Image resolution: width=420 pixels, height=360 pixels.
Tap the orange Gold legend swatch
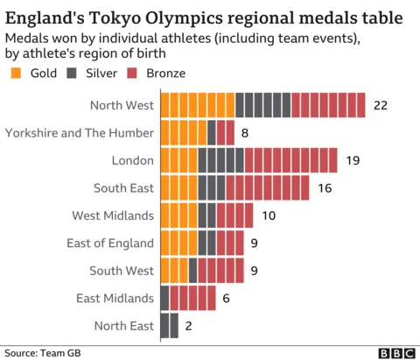(x=13, y=74)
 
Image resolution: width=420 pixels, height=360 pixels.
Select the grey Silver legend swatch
(x=74, y=74)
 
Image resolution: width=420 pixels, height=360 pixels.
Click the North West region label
(x=122, y=105)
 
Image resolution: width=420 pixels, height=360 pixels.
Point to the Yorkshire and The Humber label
(x=80, y=132)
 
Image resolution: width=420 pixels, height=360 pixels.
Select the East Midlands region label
(x=115, y=299)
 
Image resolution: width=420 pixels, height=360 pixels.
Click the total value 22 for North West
(x=380, y=105)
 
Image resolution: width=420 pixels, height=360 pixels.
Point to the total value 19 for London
(x=353, y=160)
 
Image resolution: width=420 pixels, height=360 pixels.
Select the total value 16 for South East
(x=325, y=187)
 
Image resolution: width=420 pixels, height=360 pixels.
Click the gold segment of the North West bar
(x=197, y=105)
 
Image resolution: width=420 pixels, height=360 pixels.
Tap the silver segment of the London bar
(x=220, y=160)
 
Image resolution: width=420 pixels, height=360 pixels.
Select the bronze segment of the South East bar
(x=267, y=187)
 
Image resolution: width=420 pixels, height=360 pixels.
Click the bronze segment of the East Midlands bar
(x=192, y=299)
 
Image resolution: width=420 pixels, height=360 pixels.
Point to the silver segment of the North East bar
(x=170, y=326)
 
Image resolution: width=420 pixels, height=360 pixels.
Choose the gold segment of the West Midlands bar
(x=178, y=215)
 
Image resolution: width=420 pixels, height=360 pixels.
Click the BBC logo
(x=395, y=352)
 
